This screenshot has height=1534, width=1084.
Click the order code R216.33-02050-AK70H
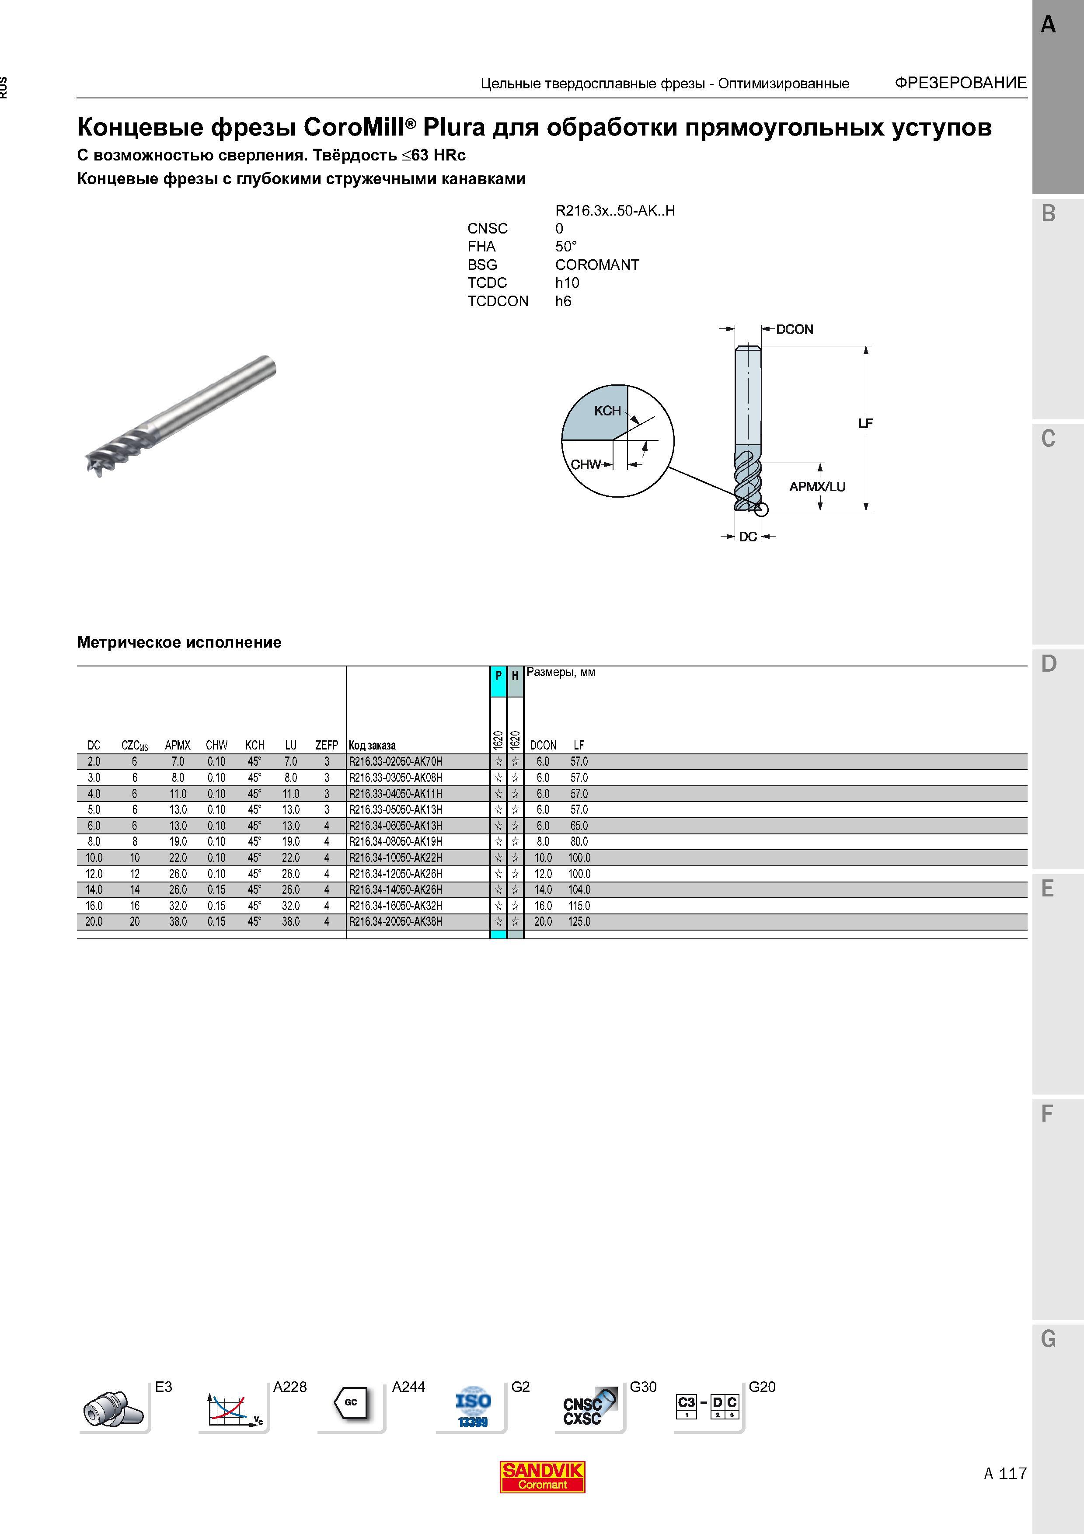[395, 762]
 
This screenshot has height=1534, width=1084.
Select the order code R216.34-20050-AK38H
[395, 922]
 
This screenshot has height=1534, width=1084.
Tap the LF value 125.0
[579, 922]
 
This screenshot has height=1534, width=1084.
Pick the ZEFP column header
[327, 745]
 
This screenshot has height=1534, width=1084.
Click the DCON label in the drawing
[794, 329]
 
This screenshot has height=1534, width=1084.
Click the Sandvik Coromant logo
[542, 1477]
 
